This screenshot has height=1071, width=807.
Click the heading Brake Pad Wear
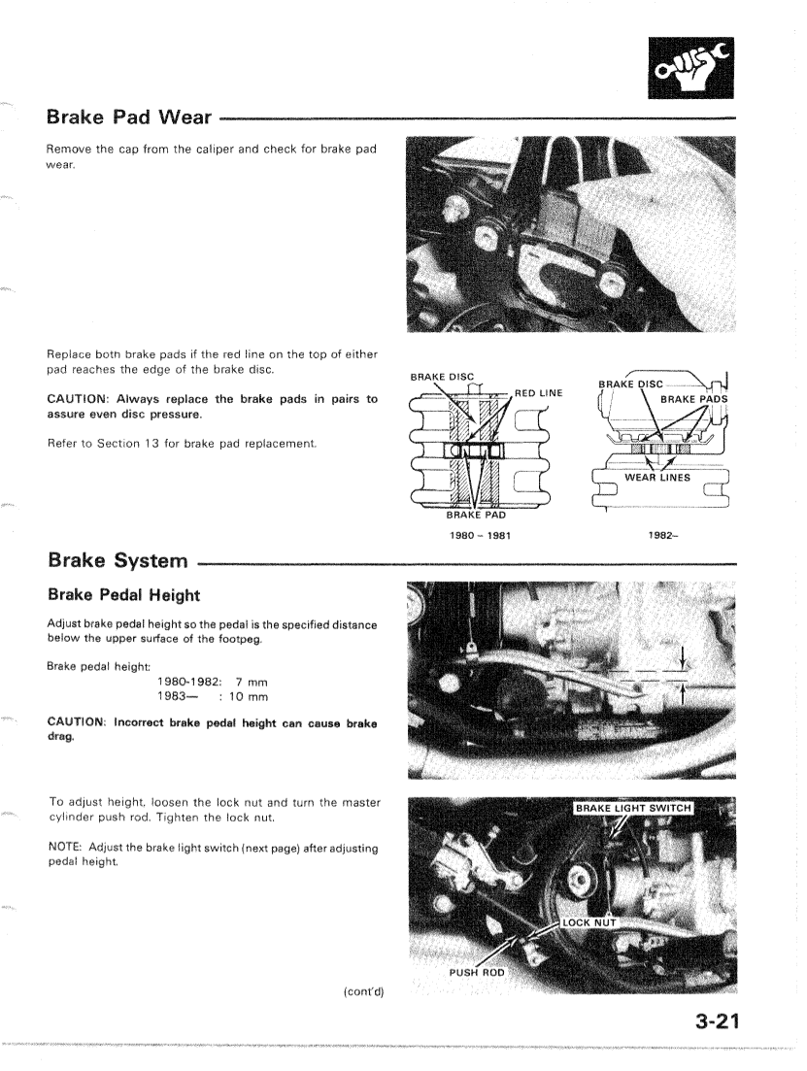(129, 118)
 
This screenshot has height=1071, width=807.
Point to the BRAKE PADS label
(693, 398)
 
